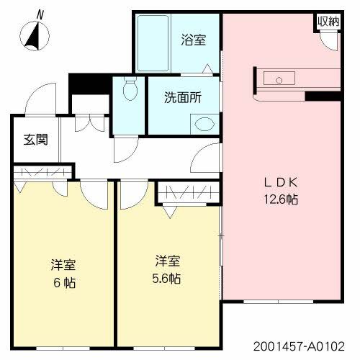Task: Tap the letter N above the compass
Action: (x=40, y=14)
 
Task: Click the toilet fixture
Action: (x=130, y=90)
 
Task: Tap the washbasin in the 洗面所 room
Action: (x=204, y=123)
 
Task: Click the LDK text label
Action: (x=280, y=183)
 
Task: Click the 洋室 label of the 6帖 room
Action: (x=63, y=264)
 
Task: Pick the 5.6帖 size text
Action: (x=166, y=277)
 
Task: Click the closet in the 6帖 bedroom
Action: (x=44, y=172)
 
